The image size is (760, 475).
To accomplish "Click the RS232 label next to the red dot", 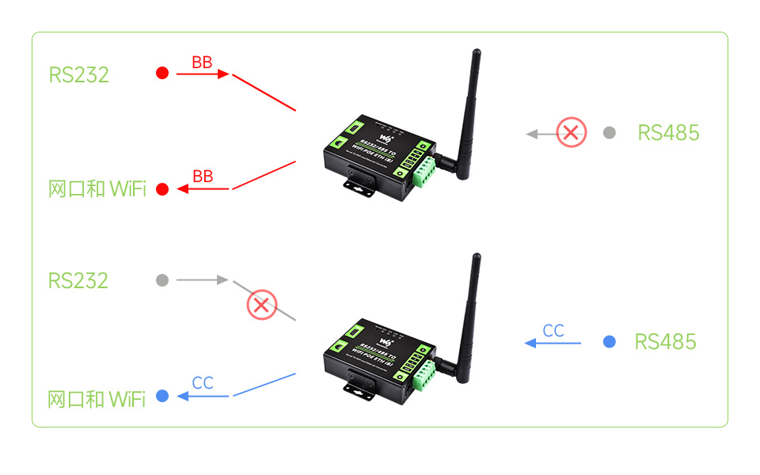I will [78, 74].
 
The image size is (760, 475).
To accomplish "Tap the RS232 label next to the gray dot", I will [78, 280].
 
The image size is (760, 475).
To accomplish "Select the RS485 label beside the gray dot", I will [668, 132].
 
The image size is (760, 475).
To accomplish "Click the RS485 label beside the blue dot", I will [665, 342].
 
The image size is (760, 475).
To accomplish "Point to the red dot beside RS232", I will [162, 74].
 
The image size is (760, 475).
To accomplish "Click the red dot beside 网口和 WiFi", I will [162, 189].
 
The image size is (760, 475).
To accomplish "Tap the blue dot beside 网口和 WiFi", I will [162, 396].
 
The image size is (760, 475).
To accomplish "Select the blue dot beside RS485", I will [609, 342].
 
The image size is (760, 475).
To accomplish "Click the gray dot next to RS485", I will [609, 133].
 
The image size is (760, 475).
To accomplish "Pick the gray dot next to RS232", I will [162, 280].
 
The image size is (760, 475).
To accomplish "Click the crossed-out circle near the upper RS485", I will [572, 132].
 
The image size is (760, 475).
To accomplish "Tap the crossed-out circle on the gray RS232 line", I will [261, 304].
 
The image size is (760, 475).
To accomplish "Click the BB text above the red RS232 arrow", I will [202, 63].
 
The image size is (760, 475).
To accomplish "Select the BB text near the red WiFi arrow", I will [203, 177].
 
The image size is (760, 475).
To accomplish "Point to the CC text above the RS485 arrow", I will [553, 331].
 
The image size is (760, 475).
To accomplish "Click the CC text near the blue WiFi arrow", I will [203, 383].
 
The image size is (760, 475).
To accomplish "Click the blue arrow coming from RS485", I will [553, 343].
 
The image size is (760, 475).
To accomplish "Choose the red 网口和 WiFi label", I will [97, 189].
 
